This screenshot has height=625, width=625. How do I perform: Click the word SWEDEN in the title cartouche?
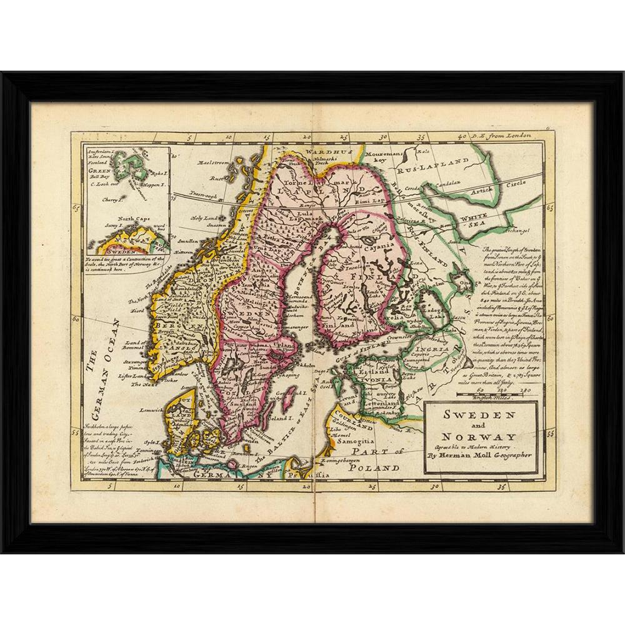click(x=479, y=415)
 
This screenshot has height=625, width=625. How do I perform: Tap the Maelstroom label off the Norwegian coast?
click(x=214, y=162)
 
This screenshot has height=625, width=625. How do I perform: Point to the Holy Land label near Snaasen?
click(x=204, y=217)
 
